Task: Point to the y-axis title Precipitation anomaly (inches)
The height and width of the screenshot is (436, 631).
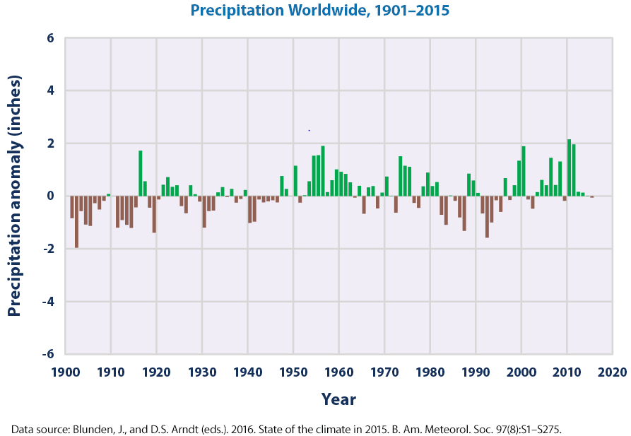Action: tap(13, 196)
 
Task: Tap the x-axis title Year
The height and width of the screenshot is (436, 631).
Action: tap(338, 399)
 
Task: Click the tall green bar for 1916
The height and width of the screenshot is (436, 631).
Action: tap(141, 173)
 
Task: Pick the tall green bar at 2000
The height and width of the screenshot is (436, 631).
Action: tap(524, 171)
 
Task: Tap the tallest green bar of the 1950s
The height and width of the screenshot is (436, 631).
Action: tap(323, 171)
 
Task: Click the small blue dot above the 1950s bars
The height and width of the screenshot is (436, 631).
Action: tap(309, 130)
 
